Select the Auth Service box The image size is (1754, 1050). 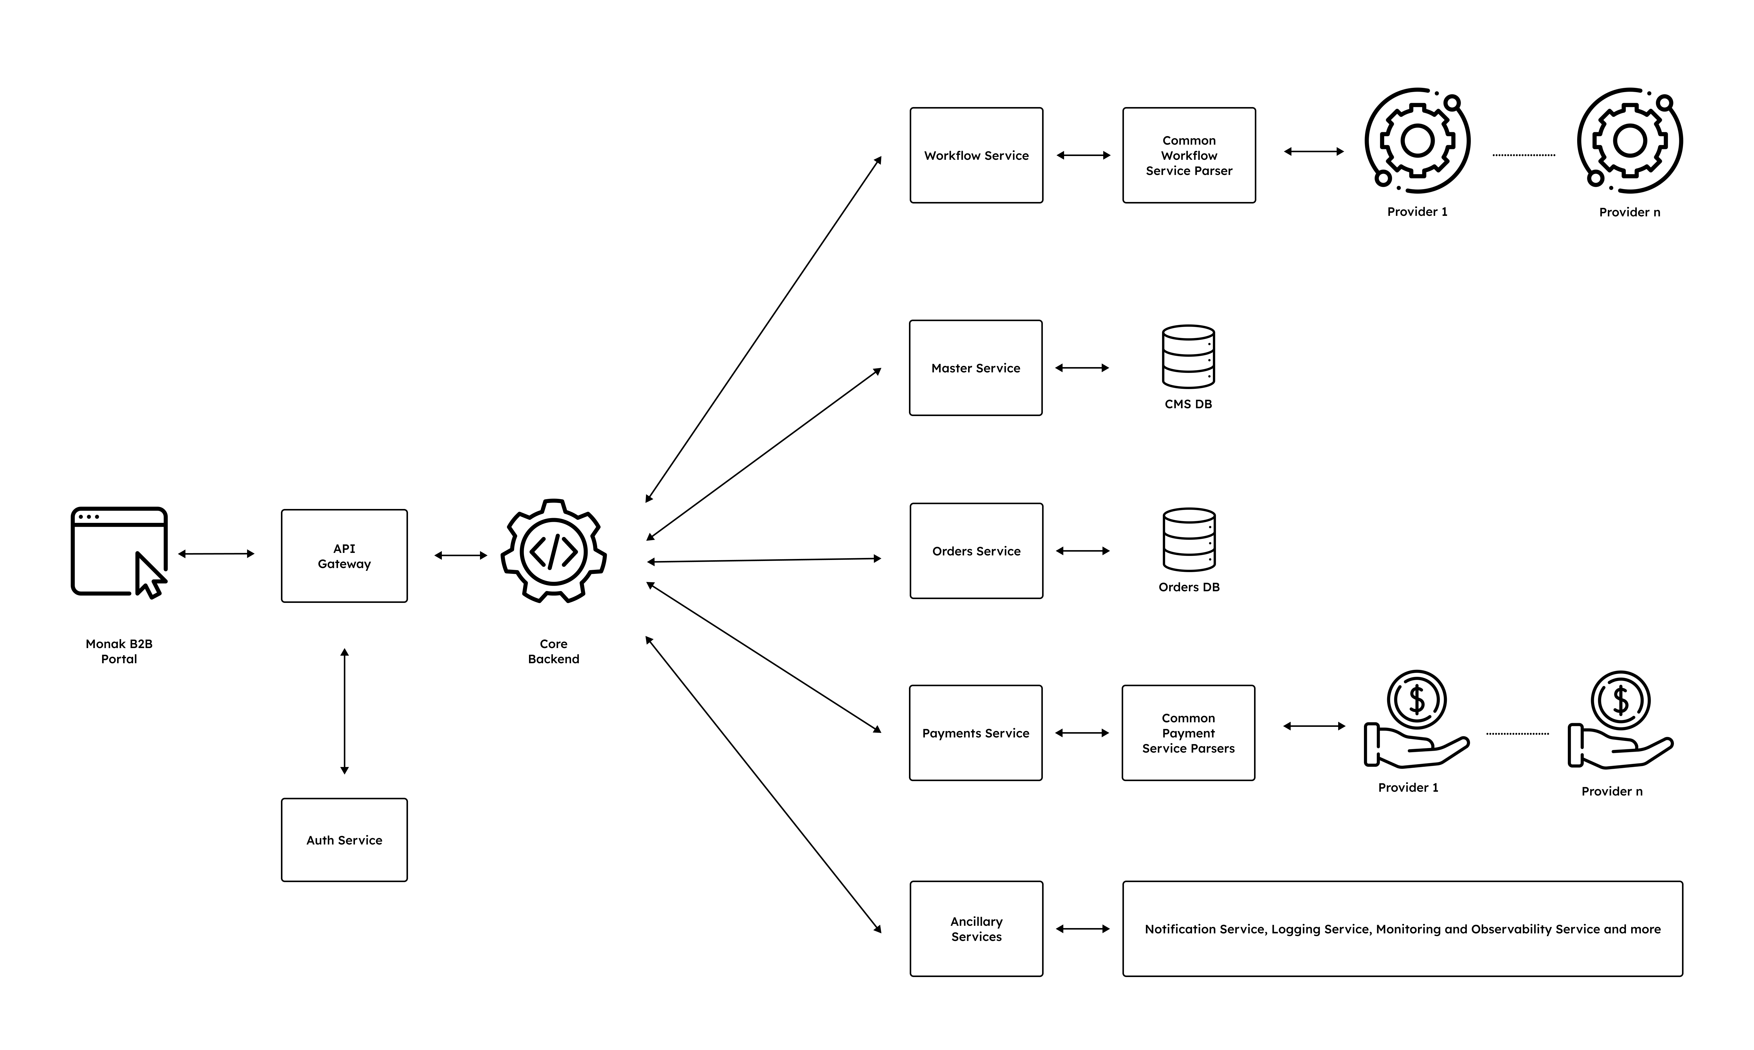[344, 840]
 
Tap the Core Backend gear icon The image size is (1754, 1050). [554, 551]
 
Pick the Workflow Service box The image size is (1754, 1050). [976, 156]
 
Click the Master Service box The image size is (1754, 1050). [975, 368]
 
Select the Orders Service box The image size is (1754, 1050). [976, 551]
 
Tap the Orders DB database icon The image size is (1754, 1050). [1189, 540]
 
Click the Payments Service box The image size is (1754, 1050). [975, 733]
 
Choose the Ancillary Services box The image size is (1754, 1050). [976, 929]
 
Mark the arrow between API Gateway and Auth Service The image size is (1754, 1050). [344, 711]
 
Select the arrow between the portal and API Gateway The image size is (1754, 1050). [216, 554]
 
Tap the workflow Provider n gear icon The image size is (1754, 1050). [1629, 141]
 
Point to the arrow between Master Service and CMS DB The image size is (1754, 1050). [1082, 368]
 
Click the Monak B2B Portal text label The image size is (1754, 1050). [119, 651]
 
